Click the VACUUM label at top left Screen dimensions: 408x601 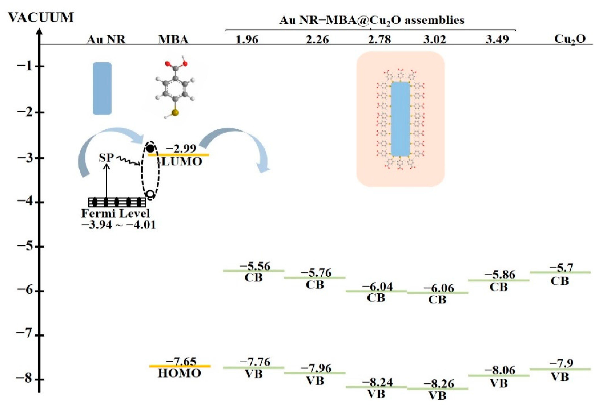tap(41, 18)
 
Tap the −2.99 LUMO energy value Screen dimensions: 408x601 tap(181, 148)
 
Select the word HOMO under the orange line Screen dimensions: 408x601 tap(180, 373)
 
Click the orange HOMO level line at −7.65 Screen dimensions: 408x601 tap(180, 366)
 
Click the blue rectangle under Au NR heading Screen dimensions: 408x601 tap(102, 88)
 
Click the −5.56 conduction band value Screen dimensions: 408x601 tap(255, 266)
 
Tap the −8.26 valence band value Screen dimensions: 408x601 tap(439, 384)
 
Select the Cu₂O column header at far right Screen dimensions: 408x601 tap(570, 39)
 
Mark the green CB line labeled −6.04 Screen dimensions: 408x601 tap(376, 291)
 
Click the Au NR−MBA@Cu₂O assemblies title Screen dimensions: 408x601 tap(371, 20)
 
